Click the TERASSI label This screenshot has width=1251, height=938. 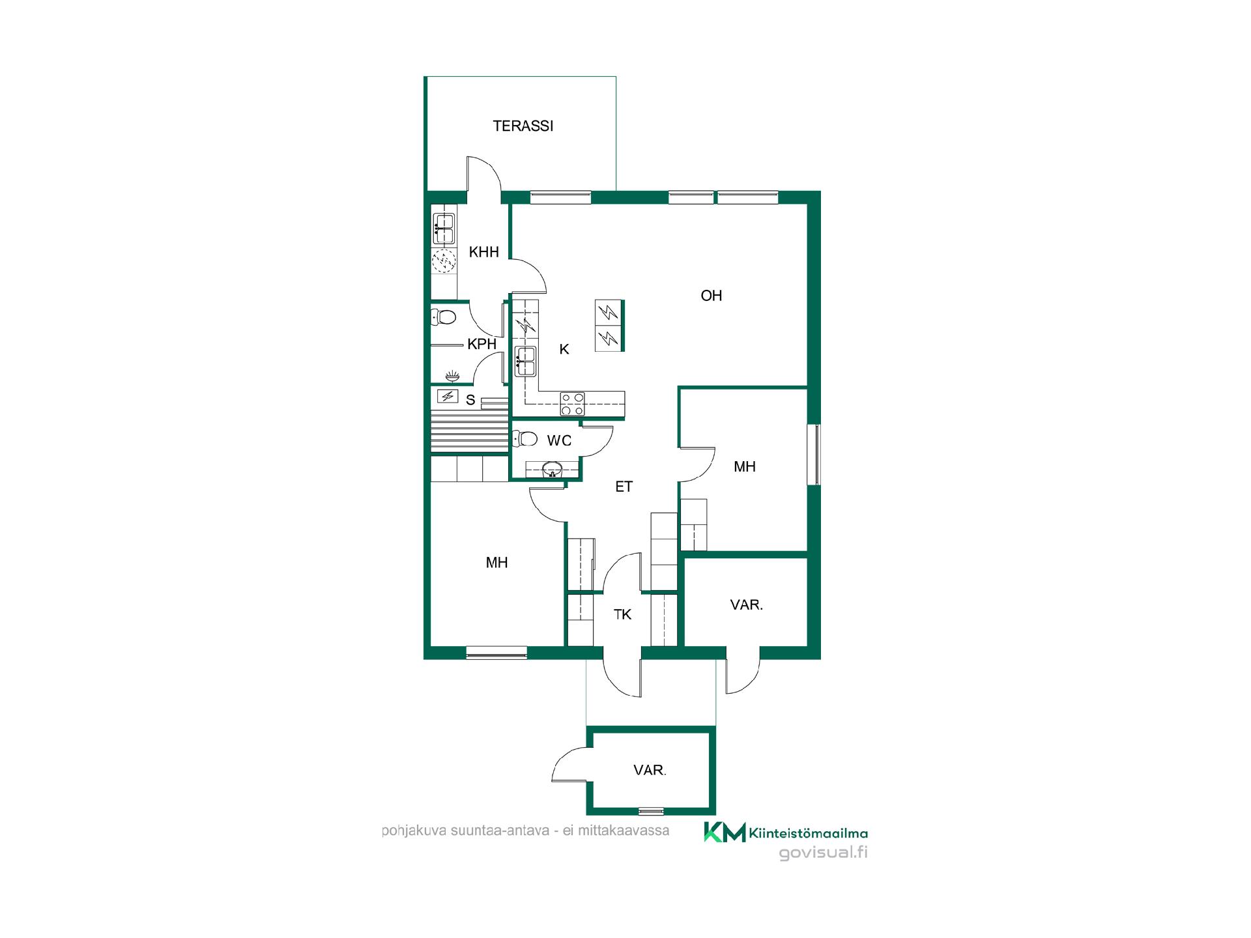(x=523, y=126)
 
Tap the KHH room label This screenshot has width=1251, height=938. (x=483, y=252)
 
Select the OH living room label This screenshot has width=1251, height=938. (x=711, y=296)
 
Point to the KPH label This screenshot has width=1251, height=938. (x=482, y=344)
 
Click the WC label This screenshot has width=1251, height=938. (x=559, y=441)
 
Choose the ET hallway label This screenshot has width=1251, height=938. (x=624, y=487)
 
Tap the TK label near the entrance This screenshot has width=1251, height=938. (x=622, y=614)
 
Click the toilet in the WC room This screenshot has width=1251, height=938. (x=525, y=438)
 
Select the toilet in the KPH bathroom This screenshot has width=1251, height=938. (x=444, y=317)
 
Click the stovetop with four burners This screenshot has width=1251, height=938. (x=573, y=404)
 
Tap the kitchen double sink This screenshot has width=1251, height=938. (x=525, y=362)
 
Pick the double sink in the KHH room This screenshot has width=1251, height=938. (x=444, y=229)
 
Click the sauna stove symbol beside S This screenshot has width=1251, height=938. (x=447, y=396)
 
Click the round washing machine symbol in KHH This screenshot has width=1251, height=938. (x=444, y=261)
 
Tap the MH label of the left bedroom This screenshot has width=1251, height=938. (x=496, y=563)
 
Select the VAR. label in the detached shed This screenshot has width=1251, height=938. (x=650, y=771)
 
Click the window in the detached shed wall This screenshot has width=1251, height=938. (x=651, y=811)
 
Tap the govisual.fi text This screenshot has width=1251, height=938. (x=824, y=853)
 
